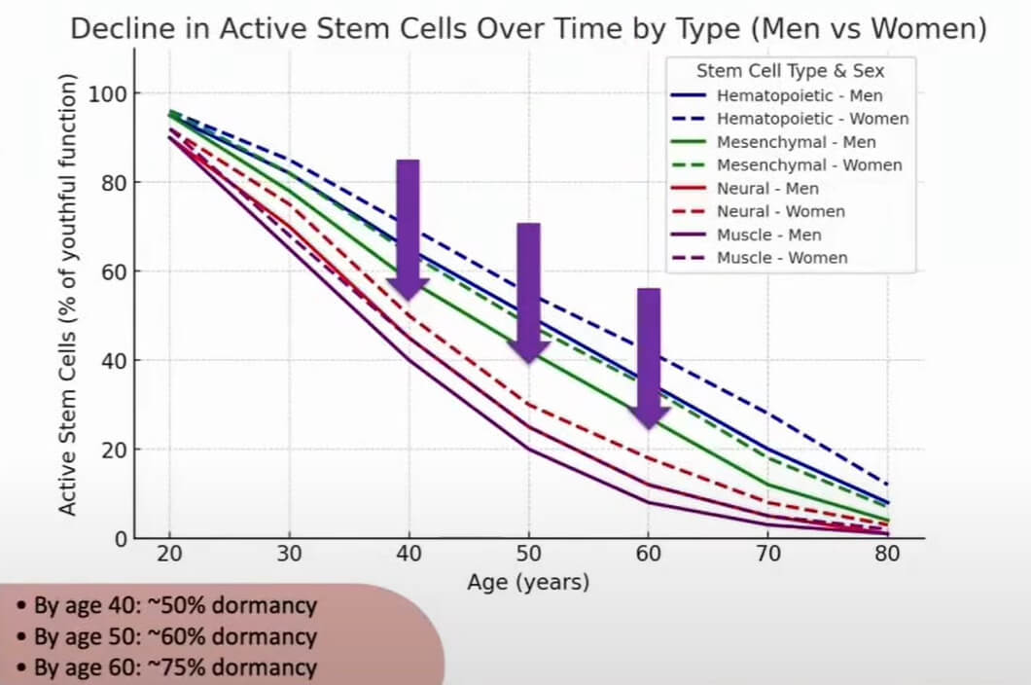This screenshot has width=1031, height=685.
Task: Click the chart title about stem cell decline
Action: tap(529, 28)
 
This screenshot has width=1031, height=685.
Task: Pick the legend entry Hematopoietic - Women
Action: tap(812, 119)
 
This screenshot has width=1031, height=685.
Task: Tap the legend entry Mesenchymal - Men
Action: tap(796, 142)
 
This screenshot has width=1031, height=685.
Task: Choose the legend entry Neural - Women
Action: tap(780, 211)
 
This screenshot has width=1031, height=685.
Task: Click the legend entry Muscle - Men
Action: tap(768, 234)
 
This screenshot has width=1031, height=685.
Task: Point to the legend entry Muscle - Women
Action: tap(781, 258)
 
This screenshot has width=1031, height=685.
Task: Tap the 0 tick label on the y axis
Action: tap(120, 538)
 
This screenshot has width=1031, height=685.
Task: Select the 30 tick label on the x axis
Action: tap(290, 554)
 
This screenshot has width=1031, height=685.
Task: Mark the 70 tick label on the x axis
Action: tap(767, 554)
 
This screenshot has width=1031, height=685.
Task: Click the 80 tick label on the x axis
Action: tap(886, 554)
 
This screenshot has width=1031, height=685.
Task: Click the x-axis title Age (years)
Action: tap(528, 582)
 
